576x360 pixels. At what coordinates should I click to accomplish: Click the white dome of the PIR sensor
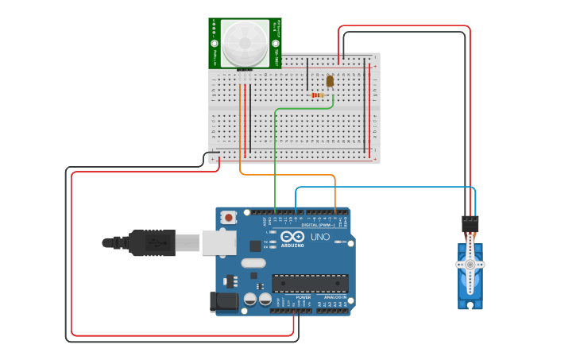pos(245,44)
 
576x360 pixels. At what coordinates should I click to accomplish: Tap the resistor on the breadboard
pos(318,95)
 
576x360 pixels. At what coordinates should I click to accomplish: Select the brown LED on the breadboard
pos(330,80)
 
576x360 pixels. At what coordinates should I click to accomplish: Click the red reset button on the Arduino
pos(229,217)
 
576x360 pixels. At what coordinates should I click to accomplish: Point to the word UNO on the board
pos(319,237)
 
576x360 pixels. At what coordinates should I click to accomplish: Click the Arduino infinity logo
pos(292,237)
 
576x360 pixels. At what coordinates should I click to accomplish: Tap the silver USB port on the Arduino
pos(218,242)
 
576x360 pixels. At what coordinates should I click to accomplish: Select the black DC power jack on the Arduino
pos(224,302)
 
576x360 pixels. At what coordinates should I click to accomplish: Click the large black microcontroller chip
pos(310,283)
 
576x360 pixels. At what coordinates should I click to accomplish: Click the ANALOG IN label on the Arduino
pos(335,297)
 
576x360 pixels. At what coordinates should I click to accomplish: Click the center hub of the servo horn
pos(470,264)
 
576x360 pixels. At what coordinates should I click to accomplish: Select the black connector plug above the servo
pos(470,223)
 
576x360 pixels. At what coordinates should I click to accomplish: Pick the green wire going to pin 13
pos(275,159)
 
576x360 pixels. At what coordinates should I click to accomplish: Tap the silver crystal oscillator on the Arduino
pos(253,263)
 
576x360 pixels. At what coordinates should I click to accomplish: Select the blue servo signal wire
pos(381,188)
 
